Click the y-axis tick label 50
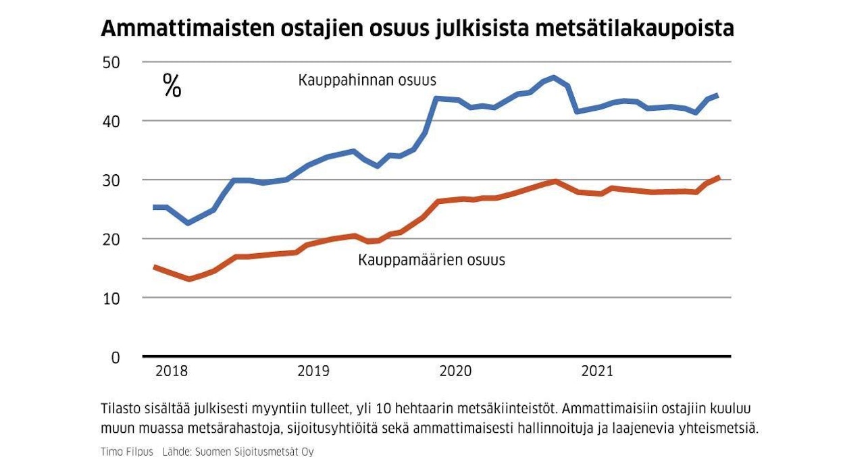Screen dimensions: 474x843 tap(111, 62)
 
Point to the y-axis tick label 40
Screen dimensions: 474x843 tap(111, 121)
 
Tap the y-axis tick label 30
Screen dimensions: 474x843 tap(111, 180)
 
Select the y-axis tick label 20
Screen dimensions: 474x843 tap(111, 239)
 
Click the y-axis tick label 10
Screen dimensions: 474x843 tap(111, 298)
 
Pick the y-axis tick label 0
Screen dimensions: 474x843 tap(115, 357)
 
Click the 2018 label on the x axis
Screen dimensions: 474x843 tap(172, 371)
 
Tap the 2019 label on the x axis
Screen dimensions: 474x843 tap(313, 371)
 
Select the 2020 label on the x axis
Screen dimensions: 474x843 tap(456, 371)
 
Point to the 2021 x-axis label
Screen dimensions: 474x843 tap(597, 371)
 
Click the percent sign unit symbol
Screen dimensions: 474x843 tap(172, 86)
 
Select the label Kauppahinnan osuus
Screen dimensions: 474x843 tap(367, 80)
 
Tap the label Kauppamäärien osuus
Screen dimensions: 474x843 tap(432, 260)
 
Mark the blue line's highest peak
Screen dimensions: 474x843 tap(554, 77)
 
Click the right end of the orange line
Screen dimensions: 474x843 tap(719, 178)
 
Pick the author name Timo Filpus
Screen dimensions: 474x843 tap(127, 452)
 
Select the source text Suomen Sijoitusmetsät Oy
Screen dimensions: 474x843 tap(255, 452)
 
